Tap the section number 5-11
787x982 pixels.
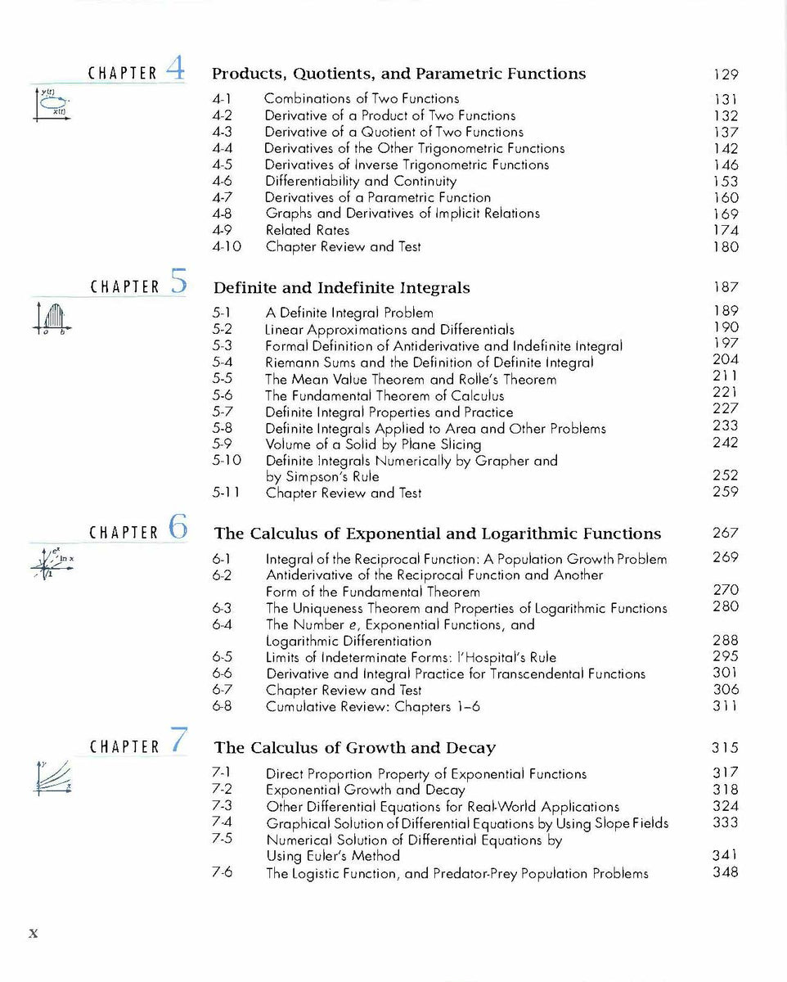(226, 493)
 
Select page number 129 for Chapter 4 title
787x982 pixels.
(725, 74)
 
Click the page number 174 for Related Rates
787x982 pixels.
(725, 230)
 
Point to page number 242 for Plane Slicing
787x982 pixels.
(725, 443)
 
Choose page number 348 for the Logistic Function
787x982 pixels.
(725, 872)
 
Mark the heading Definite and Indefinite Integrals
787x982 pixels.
(341, 288)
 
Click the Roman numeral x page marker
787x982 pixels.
(34, 932)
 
